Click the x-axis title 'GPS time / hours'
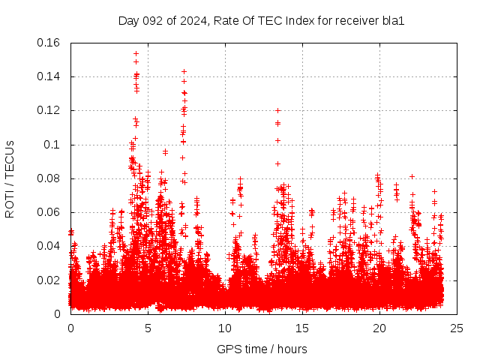click(262, 349)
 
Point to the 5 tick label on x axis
click(148, 328)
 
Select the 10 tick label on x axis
click(225, 328)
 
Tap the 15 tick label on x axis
click(302, 328)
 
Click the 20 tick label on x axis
click(379, 328)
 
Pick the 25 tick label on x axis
click(457, 328)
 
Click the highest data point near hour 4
click(136, 53)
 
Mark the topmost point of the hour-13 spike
click(277, 110)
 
